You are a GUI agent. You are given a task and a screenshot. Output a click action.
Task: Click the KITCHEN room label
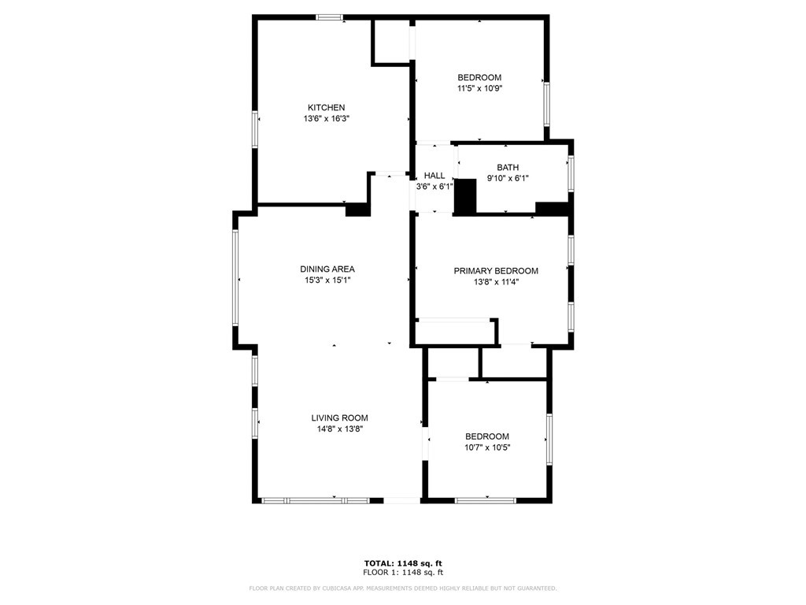[326, 107]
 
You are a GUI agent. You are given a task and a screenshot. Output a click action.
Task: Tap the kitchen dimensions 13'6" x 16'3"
[326, 119]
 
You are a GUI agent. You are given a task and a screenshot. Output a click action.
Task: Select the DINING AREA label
[327, 269]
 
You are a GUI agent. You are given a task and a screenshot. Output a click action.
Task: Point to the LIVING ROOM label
[339, 418]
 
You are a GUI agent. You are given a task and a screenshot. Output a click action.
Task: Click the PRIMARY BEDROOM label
[496, 271]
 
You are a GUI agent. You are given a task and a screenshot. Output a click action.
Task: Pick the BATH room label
[508, 168]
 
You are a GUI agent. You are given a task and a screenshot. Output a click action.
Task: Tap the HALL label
[434, 176]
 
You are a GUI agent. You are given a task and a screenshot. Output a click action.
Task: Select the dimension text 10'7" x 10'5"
[486, 448]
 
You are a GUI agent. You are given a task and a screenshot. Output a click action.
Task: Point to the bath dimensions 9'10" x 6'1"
[508, 179]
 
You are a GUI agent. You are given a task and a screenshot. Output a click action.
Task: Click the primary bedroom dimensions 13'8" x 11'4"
[496, 282]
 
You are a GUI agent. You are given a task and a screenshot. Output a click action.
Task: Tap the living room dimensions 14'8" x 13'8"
[339, 429]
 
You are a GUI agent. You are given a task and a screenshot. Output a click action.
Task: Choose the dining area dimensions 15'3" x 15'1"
[327, 280]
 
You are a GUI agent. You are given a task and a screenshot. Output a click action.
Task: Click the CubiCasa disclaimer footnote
[402, 588]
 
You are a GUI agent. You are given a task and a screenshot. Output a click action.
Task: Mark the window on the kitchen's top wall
[329, 17]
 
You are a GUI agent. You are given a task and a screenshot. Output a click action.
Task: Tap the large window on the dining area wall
[235, 277]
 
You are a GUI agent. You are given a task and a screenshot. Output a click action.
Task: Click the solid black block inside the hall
[466, 197]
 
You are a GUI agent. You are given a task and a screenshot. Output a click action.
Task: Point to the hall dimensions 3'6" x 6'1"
[434, 187]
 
